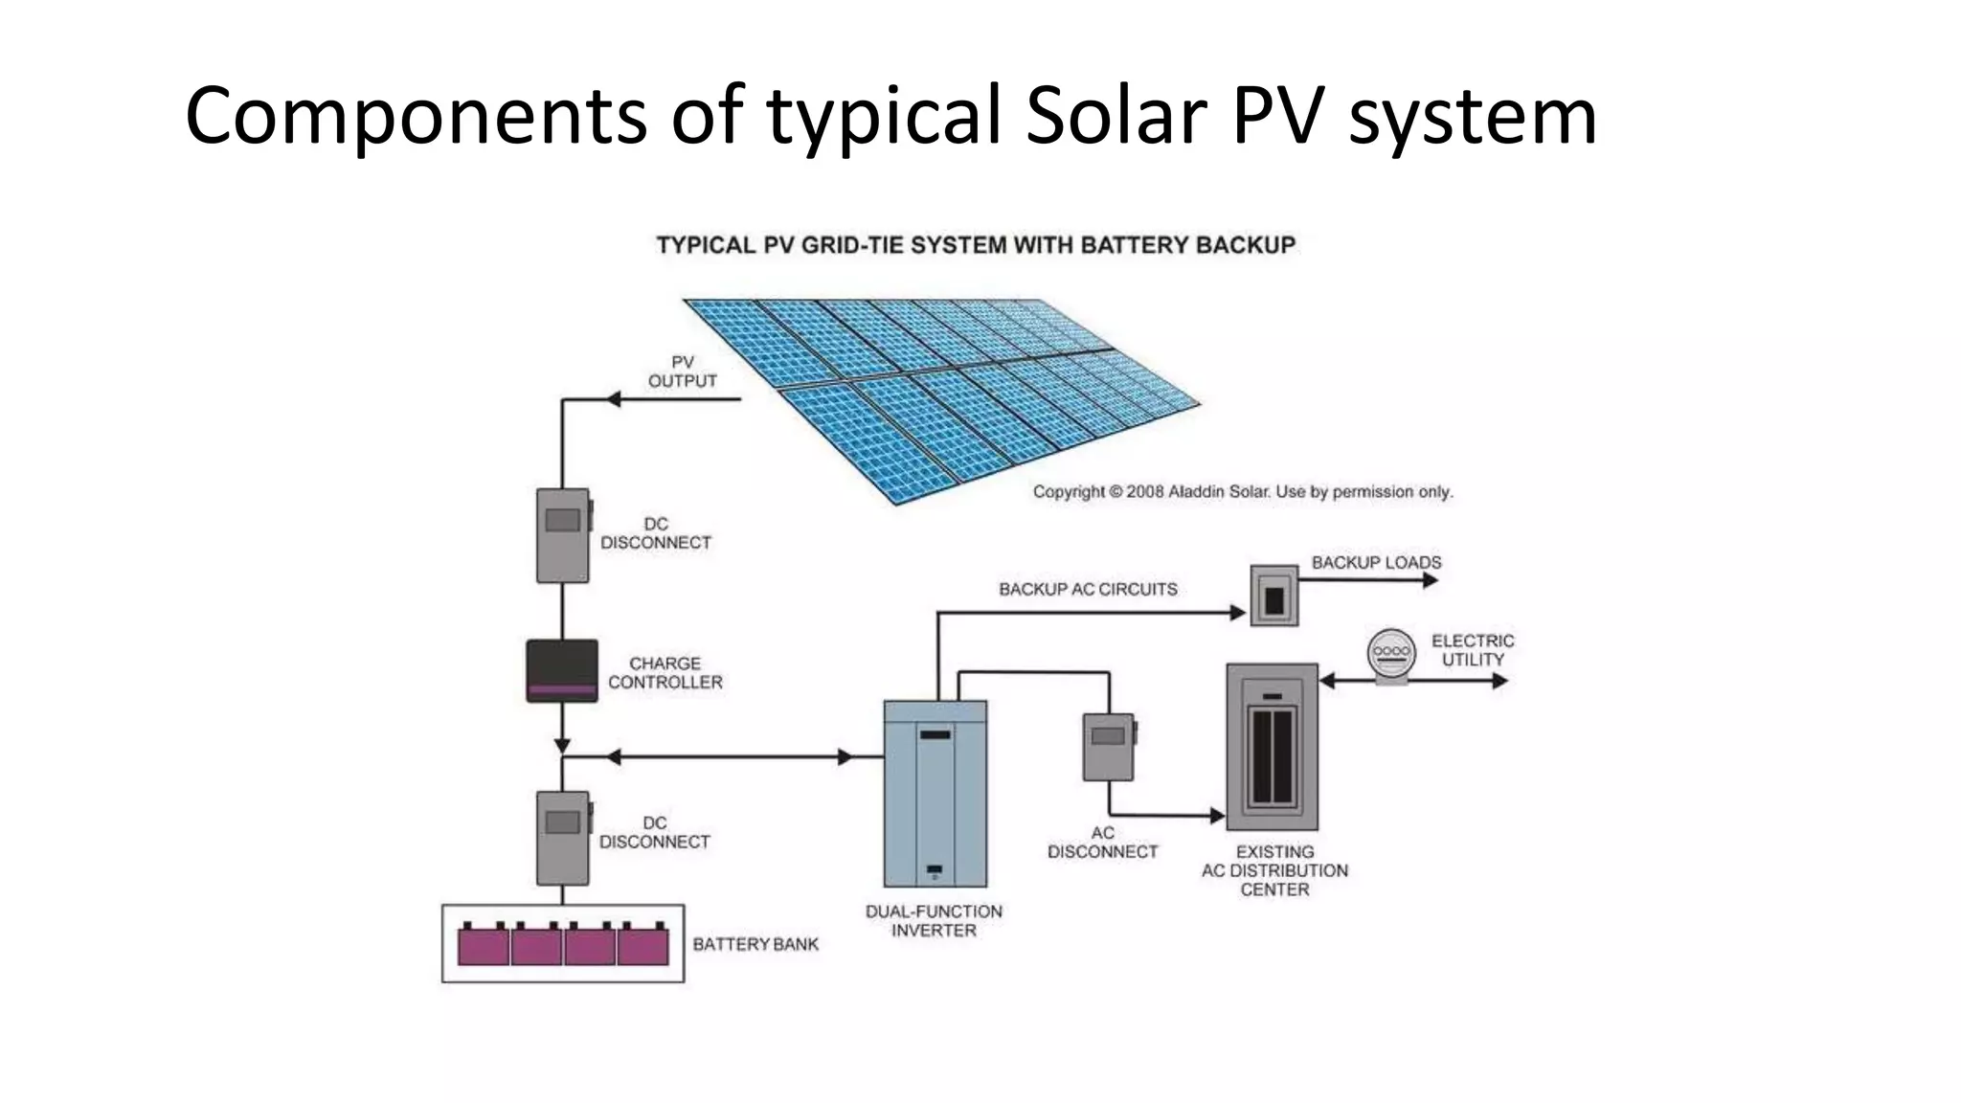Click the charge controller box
562,670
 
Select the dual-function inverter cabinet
935,794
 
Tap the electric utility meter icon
1391,656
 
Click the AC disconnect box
1109,747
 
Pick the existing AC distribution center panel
1273,746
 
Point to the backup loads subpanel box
1274,596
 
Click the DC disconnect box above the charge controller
562,535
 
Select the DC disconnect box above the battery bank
562,837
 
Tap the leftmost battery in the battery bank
484,945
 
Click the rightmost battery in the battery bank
643,945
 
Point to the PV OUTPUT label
682,371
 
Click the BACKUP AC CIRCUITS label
1088,589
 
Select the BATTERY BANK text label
755,944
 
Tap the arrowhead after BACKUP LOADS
1431,580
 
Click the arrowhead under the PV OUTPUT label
614,398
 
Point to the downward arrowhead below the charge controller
562,745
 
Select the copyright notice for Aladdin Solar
1242,491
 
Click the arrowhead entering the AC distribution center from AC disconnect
1218,816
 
